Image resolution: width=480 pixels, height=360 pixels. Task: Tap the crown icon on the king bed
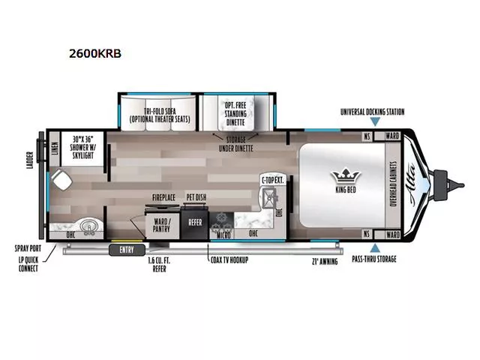(x=346, y=175)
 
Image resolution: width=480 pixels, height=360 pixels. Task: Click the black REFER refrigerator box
(x=195, y=222)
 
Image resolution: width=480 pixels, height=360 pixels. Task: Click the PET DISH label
(x=196, y=198)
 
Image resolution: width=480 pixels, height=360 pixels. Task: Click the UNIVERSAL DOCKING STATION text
(x=372, y=112)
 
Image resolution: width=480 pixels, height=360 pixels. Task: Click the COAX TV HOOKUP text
(x=229, y=259)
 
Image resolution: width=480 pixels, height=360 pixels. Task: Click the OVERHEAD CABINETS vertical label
(x=392, y=184)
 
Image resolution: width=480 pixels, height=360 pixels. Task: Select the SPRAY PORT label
(x=29, y=248)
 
